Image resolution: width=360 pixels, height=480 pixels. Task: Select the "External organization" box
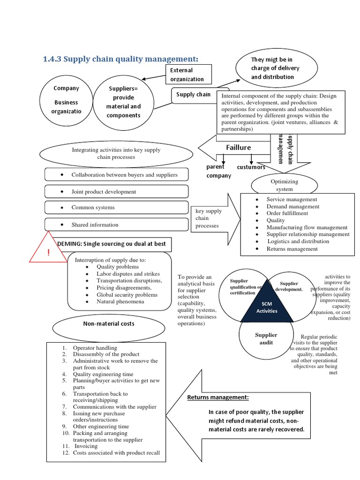tap(187, 75)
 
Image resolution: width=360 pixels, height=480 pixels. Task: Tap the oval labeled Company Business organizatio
tap(66, 100)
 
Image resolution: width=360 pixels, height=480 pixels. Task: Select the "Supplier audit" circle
tap(266, 338)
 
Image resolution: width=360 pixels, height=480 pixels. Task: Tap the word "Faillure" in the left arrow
tap(239, 147)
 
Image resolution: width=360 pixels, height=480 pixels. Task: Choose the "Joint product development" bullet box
tap(116, 192)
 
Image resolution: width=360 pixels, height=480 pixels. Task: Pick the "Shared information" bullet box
tap(116, 225)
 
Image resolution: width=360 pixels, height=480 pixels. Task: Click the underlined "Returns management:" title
tap(218, 397)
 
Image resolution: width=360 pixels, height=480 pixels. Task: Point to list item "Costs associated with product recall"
tap(116, 453)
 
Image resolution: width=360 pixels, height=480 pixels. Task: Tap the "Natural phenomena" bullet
tap(120, 302)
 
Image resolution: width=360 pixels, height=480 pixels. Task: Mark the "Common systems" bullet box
tap(116, 207)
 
